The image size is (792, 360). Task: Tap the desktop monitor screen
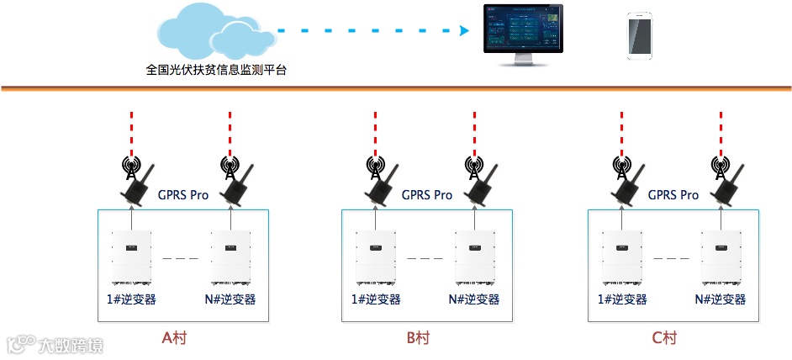(520, 30)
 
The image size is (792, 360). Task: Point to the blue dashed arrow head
(463, 31)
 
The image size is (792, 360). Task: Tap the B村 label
(418, 338)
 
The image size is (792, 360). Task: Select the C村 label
(664, 338)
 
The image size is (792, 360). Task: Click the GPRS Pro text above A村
(183, 195)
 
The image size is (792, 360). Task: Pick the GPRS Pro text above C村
(673, 195)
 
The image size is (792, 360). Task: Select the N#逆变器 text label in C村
(721, 299)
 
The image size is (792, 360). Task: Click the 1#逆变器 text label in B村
(376, 299)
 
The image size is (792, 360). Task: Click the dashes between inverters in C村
(671, 258)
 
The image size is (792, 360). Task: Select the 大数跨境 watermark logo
(55, 344)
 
